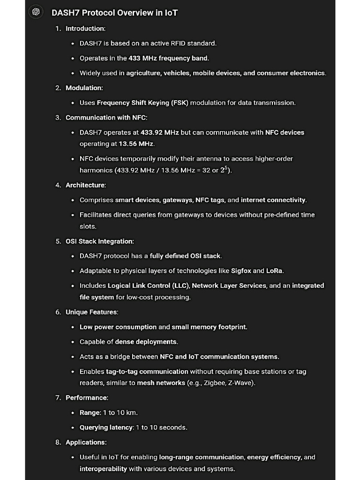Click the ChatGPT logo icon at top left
point(36,12)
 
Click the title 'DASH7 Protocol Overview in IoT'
point(114,13)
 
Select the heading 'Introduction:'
point(85,29)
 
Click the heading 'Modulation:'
point(84,88)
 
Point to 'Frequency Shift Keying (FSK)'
point(142,103)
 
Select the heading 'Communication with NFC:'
point(106,118)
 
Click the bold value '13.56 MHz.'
point(136,143)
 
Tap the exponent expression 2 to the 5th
point(225,170)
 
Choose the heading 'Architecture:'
point(85,185)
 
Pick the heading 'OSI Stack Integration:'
point(99,241)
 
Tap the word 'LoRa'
point(275,271)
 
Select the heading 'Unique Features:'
point(92,312)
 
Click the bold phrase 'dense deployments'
point(146,342)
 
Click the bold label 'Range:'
point(90,412)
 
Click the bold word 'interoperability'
point(103,469)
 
